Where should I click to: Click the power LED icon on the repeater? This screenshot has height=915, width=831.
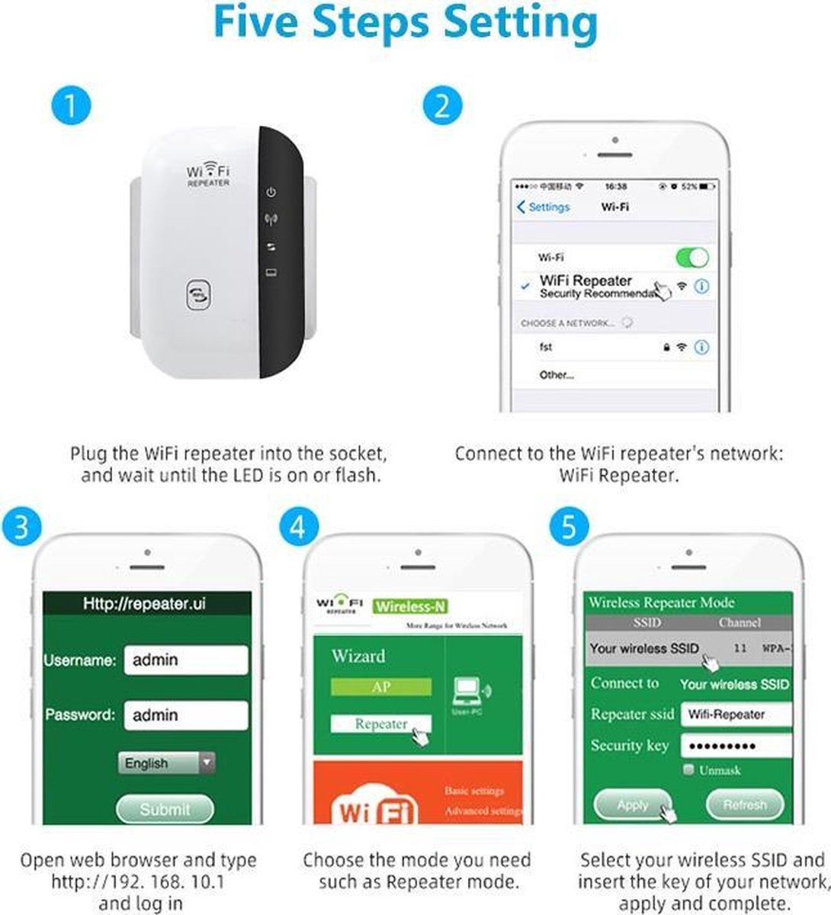(x=271, y=192)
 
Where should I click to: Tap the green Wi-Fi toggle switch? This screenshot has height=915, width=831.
(x=691, y=257)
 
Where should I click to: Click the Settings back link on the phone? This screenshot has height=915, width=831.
(x=544, y=207)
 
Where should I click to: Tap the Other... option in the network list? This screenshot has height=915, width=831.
(x=557, y=375)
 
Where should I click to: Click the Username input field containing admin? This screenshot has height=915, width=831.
(x=185, y=660)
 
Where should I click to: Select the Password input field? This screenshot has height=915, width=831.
(x=185, y=715)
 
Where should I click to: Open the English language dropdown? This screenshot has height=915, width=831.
(x=166, y=763)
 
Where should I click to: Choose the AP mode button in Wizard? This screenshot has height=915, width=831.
(x=380, y=687)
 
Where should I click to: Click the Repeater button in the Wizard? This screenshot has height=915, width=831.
(x=380, y=724)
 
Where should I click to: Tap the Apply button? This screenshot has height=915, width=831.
(x=633, y=805)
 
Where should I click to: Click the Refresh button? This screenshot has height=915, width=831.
(x=744, y=805)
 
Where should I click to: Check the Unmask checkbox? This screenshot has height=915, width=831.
(x=689, y=770)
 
